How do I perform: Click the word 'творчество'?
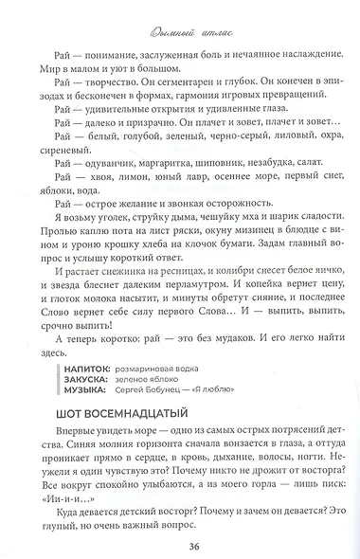(x=116, y=108)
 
